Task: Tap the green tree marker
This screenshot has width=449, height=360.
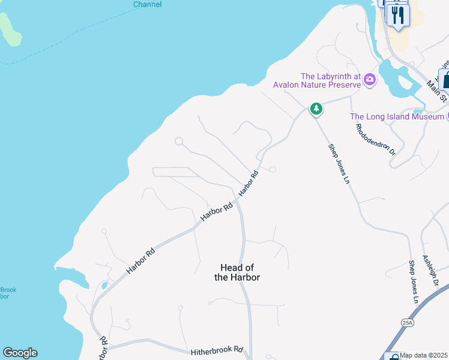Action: tap(316, 109)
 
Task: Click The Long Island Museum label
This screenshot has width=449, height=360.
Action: tap(397, 116)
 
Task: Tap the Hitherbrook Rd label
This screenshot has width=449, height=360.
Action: tap(217, 350)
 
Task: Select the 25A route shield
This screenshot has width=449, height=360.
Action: tap(408, 323)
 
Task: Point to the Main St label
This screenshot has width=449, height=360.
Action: tap(438, 91)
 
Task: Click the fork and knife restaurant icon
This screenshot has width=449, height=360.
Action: tap(397, 14)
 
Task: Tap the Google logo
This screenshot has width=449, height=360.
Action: tap(20, 353)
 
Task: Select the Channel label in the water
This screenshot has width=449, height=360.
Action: tap(147, 4)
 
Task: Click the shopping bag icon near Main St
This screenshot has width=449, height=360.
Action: tap(445, 79)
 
